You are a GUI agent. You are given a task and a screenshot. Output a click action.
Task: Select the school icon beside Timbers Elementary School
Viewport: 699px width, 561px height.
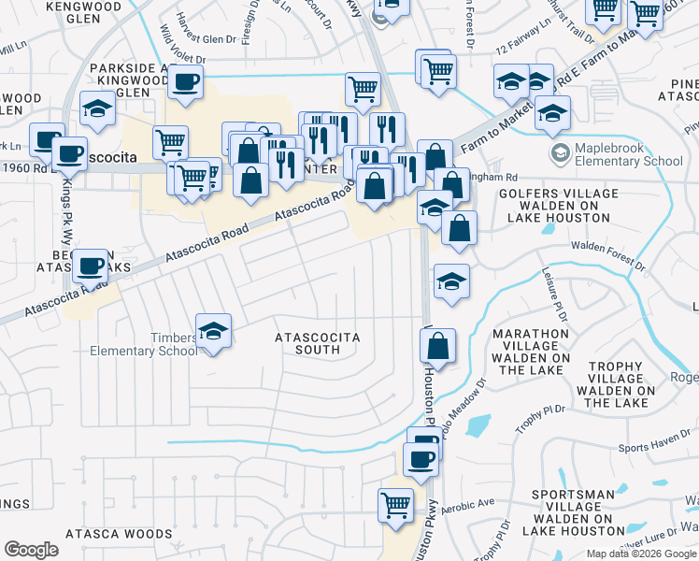pyautogui.click(x=213, y=331)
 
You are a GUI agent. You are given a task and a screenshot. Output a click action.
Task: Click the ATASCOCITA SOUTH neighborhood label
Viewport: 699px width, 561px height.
pyautogui.click(x=316, y=343)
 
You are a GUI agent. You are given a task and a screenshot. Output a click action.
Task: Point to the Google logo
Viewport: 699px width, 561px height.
pyautogui.click(x=31, y=550)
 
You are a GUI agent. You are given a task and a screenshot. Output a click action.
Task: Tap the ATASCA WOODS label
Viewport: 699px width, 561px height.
pyautogui.click(x=119, y=534)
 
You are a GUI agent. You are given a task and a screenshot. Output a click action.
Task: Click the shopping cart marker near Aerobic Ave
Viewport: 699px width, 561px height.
pyautogui.click(x=395, y=504)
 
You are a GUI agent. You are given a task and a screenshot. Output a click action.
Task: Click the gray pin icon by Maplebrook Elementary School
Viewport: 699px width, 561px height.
pyautogui.click(x=561, y=153)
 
